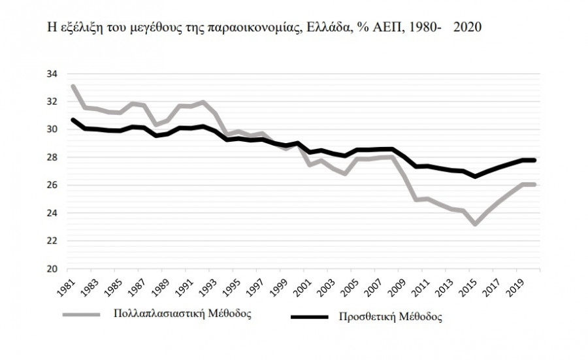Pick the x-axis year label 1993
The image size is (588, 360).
click(x=210, y=286)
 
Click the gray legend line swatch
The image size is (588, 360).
click(x=81, y=314)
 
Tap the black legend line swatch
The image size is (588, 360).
click(x=311, y=318)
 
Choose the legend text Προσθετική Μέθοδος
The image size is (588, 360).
click(x=390, y=318)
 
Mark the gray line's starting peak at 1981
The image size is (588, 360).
click(x=73, y=86)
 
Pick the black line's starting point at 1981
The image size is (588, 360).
click(x=73, y=120)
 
